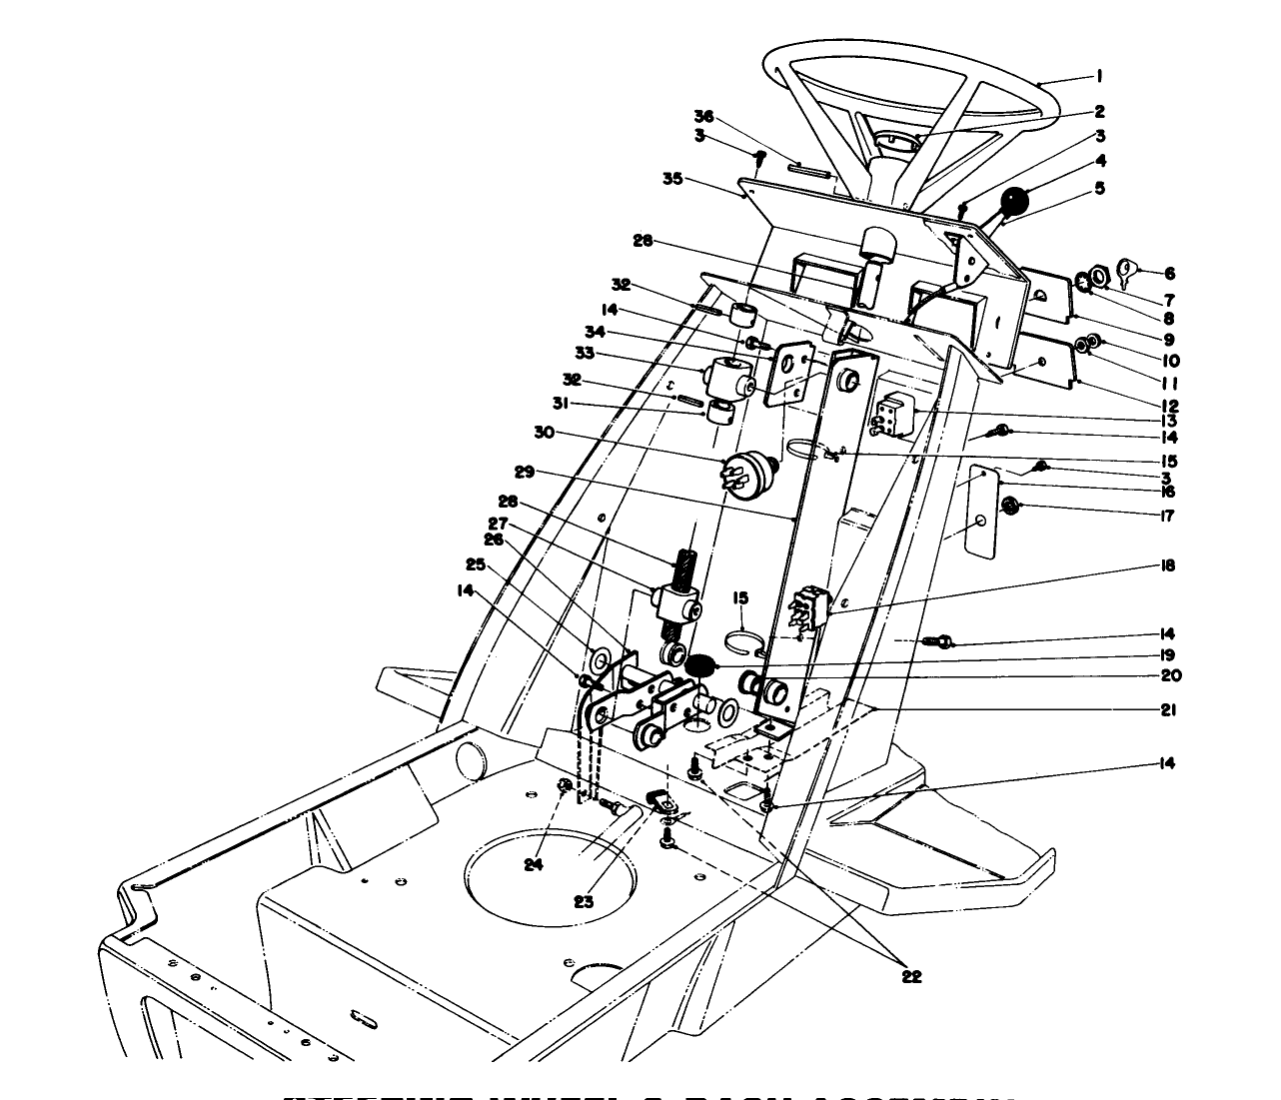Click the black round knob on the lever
point(1016,203)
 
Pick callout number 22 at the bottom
point(910,976)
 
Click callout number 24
point(534,864)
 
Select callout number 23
point(583,900)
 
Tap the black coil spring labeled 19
point(700,664)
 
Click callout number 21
point(1168,710)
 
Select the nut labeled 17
point(1010,507)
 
